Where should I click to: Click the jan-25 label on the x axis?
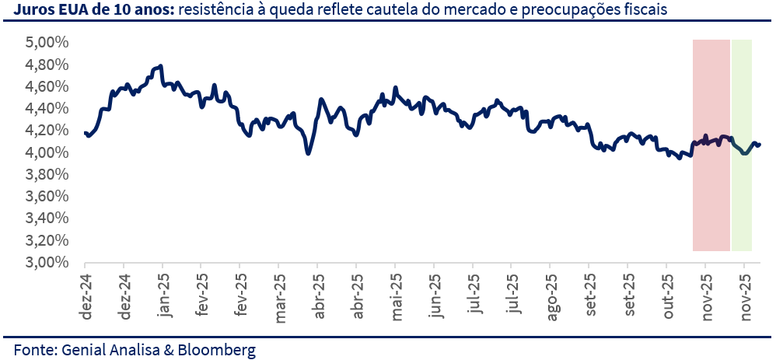(163, 293)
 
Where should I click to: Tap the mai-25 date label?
(396, 294)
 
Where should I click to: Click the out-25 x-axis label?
(667, 293)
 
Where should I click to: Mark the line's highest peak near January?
(160, 67)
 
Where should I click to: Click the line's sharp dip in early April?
(309, 153)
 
